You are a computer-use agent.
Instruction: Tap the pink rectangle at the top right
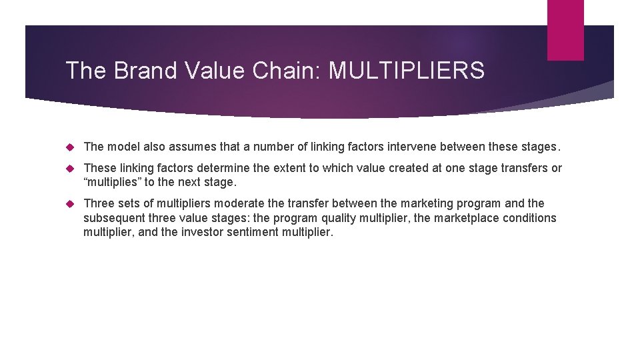coord(565,30)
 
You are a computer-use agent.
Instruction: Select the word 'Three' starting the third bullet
coord(97,203)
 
